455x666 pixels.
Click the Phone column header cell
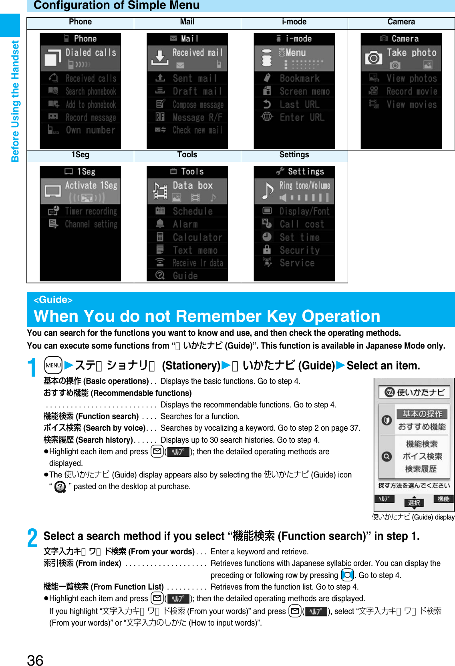pos(80,22)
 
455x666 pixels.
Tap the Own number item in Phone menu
pos(90,130)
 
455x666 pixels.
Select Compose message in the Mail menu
pos(197,105)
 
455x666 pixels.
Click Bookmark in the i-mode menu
pos(299,78)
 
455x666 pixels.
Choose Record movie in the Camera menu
pos(411,92)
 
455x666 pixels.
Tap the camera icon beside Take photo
pos(373,58)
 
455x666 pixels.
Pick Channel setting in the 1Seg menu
pos(91,224)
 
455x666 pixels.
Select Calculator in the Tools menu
pos(197,237)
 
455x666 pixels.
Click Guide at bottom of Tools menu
pos(185,276)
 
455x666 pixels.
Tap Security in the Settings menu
pos(299,250)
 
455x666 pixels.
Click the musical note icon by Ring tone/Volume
pos(267,190)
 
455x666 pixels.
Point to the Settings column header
pos(294,155)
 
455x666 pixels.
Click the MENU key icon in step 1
pos(53,365)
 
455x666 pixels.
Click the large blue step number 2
pos(32,538)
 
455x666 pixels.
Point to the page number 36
pos(35,660)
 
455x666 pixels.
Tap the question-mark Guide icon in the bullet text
pos(60,487)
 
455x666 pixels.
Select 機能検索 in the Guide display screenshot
pos(421,444)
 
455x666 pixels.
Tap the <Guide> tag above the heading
pos(53,300)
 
